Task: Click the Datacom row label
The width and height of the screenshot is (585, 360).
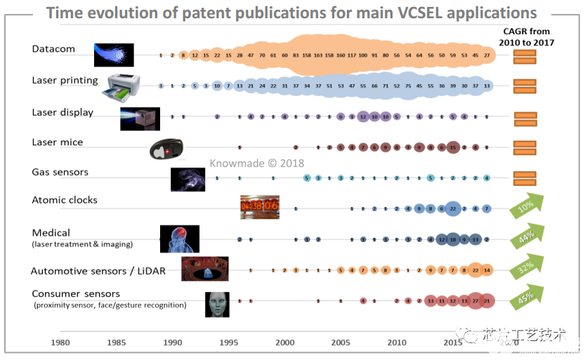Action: [53, 48]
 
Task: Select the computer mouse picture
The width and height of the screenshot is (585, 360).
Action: [167, 149]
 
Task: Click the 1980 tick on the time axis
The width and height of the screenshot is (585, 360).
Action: [60, 342]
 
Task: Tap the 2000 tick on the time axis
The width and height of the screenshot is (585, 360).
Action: [285, 342]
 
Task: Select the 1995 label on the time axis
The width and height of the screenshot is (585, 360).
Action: [229, 342]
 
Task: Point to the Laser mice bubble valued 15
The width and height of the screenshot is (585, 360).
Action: [453, 147]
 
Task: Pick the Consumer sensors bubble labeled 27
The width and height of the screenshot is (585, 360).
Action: [475, 300]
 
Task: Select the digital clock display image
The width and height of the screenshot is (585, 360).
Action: [260, 207]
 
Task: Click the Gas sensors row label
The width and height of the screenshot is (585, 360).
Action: [60, 172]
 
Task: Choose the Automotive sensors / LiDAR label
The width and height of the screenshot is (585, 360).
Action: [98, 271]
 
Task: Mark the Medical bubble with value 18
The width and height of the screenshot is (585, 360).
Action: [453, 239]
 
